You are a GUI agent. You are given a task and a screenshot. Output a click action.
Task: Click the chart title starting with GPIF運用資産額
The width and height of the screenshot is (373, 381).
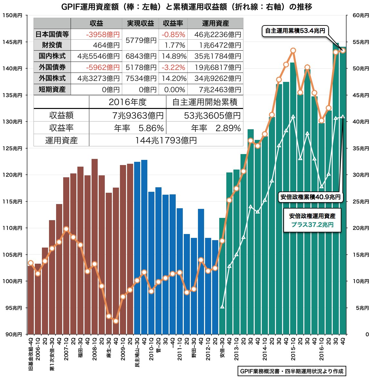[186, 6]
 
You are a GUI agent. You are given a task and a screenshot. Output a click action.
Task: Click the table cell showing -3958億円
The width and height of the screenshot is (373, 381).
[103, 34]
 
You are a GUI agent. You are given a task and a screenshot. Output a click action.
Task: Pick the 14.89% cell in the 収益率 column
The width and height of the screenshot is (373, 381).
[174, 56]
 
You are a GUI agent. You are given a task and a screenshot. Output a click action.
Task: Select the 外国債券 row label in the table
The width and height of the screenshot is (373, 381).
[52, 67]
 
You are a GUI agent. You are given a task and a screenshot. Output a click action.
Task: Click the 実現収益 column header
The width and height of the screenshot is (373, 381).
[140, 23]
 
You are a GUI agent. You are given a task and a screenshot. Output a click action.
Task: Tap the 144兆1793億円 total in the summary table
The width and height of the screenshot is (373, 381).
[166, 140]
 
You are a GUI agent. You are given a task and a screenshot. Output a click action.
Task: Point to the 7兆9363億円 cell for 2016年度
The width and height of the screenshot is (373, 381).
[138, 115]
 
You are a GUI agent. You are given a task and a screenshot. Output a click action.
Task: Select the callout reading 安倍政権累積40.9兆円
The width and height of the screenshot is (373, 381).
[310, 197]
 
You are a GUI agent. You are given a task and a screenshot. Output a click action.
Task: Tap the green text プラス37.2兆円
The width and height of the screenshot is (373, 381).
[312, 225]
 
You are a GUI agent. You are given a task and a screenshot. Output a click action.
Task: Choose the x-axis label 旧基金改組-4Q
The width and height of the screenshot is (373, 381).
[31, 354]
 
